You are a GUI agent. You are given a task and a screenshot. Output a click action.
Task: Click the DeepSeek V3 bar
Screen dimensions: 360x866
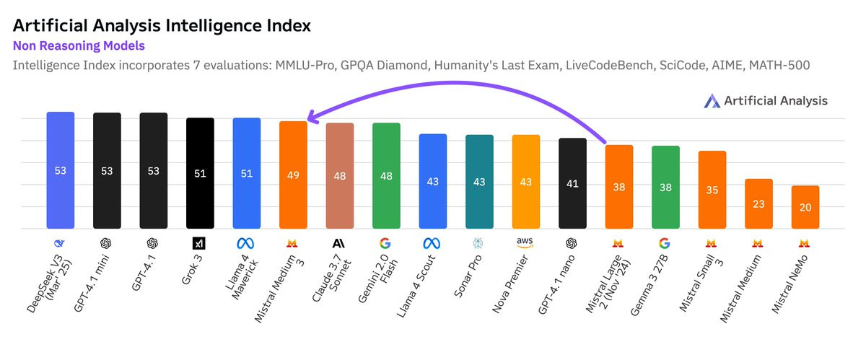(61, 170)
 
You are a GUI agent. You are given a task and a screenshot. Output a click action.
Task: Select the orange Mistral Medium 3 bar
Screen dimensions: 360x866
(293, 175)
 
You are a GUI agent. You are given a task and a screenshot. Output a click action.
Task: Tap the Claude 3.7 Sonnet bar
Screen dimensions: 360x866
(340, 175)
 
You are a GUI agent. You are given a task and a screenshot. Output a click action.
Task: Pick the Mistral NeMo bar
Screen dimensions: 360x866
(805, 207)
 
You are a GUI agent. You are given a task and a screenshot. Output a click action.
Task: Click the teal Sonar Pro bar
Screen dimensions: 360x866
(479, 182)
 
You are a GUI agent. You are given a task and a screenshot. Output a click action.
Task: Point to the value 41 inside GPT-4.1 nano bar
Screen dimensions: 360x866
(572, 183)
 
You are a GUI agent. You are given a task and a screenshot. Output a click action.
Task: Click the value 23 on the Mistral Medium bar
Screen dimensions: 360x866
(758, 204)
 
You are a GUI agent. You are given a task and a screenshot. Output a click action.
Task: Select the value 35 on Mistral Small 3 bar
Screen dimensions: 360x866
(712, 190)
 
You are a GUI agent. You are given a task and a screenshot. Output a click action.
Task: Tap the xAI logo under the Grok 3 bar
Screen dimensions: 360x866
(200, 243)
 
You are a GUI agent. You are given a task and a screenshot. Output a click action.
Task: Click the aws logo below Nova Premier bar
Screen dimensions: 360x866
(525, 242)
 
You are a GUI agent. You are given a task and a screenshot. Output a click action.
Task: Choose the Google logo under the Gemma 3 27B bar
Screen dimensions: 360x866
(665, 243)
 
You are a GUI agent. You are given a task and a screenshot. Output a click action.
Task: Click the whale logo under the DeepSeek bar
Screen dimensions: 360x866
(61, 243)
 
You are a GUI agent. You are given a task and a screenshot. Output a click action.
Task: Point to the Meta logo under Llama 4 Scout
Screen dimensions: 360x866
(432, 243)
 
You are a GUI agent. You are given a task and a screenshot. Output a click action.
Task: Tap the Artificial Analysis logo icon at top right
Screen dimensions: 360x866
(712, 101)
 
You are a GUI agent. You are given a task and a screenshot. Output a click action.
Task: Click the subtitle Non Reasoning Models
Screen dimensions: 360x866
(79, 46)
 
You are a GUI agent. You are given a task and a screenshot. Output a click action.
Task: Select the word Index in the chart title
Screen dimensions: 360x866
(281, 26)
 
